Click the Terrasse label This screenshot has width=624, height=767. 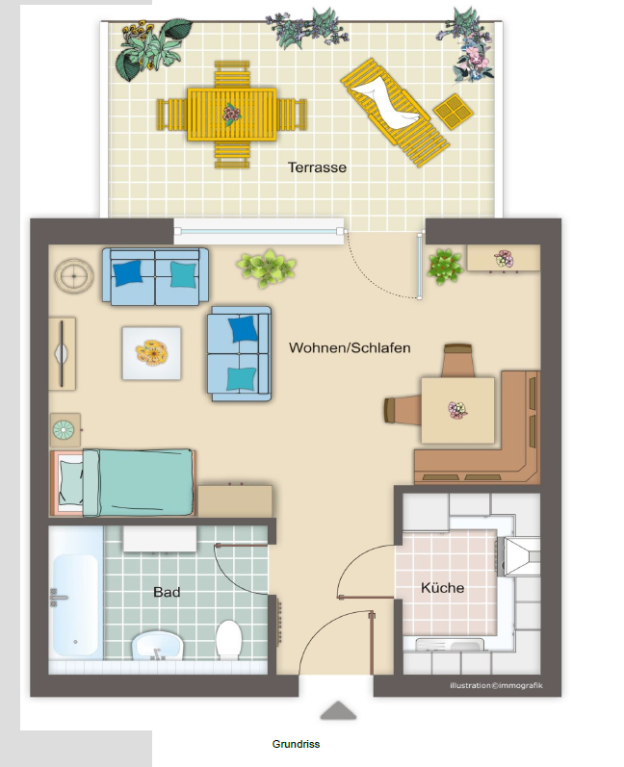coord(317,167)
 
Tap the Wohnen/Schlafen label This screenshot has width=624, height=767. coord(350,347)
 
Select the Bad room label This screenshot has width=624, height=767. coord(167,592)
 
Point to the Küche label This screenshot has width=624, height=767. coord(442,587)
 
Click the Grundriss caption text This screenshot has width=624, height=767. coord(296,744)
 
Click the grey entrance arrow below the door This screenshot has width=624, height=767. coord(338,711)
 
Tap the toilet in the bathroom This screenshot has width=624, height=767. coord(229,638)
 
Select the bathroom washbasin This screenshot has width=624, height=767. coord(157,645)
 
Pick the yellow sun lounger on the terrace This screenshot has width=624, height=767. coord(395,112)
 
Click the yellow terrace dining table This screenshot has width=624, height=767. coord(231,115)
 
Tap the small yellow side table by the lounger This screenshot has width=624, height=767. coord(454,111)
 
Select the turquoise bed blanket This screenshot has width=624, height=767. coord(139,482)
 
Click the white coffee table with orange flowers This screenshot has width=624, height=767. coord(152,353)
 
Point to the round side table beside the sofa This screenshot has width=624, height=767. coord(74,276)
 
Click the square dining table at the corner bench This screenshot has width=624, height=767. coord(457,410)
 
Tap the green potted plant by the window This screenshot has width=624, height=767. coord(266,268)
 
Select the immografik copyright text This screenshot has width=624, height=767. coord(496,685)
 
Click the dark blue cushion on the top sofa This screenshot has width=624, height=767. coord(128,272)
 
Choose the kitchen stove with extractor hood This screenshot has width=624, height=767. coord(519,556)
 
